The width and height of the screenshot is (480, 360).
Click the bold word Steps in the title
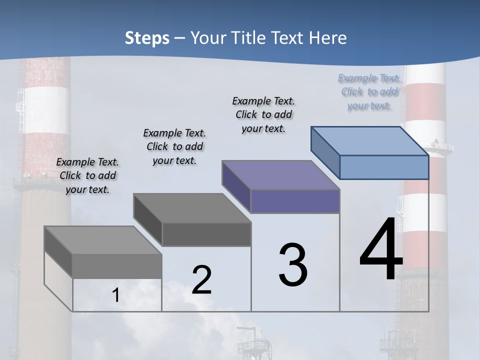pos(146,38)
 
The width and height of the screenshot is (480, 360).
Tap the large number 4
pos(381,250)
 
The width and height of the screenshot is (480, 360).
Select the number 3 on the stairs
pos(293,265)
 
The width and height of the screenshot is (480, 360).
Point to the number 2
pos(201,280)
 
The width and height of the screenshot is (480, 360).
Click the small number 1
pos(116,295)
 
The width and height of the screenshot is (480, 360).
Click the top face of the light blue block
pos(370,140)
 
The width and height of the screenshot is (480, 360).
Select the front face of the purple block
pos(295,201)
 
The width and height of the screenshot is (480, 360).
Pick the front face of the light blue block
pos(384,167)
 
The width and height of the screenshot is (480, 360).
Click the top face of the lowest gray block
pos(102,240)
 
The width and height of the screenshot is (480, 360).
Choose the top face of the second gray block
pos(192,208)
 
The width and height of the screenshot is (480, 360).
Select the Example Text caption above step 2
pos(174,146)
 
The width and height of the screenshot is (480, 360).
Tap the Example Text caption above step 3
pos(263,114)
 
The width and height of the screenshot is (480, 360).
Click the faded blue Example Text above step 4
pos(369,92)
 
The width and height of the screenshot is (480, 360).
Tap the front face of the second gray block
pos(206,234)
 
